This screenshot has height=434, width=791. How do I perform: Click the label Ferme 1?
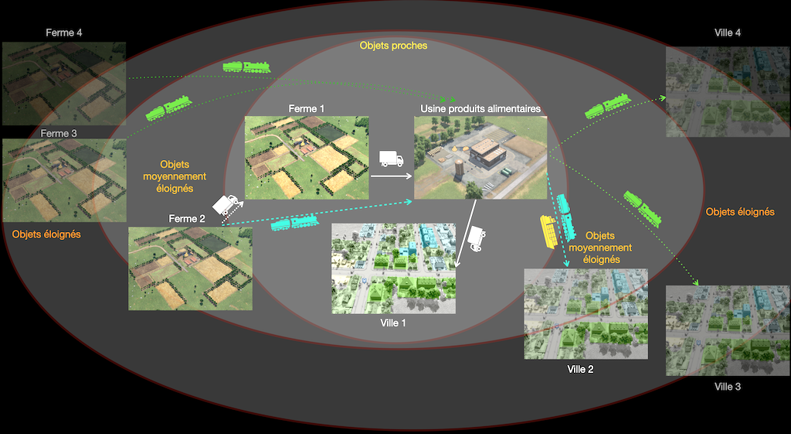307,109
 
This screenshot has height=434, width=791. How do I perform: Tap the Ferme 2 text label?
188,219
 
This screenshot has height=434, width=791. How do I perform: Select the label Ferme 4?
64,32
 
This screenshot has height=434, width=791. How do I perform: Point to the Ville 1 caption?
393,323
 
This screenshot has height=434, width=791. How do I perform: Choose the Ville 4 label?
728,32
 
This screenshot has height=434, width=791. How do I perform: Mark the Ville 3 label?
728,386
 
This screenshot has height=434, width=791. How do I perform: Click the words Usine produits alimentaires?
480,109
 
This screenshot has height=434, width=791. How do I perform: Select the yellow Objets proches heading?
393,46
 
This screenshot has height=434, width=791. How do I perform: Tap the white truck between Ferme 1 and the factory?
392,160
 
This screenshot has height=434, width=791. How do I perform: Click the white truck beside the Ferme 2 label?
226,205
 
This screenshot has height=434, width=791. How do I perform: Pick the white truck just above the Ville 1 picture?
479,238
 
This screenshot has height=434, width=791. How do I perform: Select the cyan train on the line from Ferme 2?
294,223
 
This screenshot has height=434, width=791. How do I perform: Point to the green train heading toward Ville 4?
607,107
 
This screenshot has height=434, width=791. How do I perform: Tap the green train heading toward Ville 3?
643,208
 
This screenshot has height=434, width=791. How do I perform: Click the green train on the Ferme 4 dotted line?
246,67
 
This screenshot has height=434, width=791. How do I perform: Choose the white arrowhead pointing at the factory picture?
409,176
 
